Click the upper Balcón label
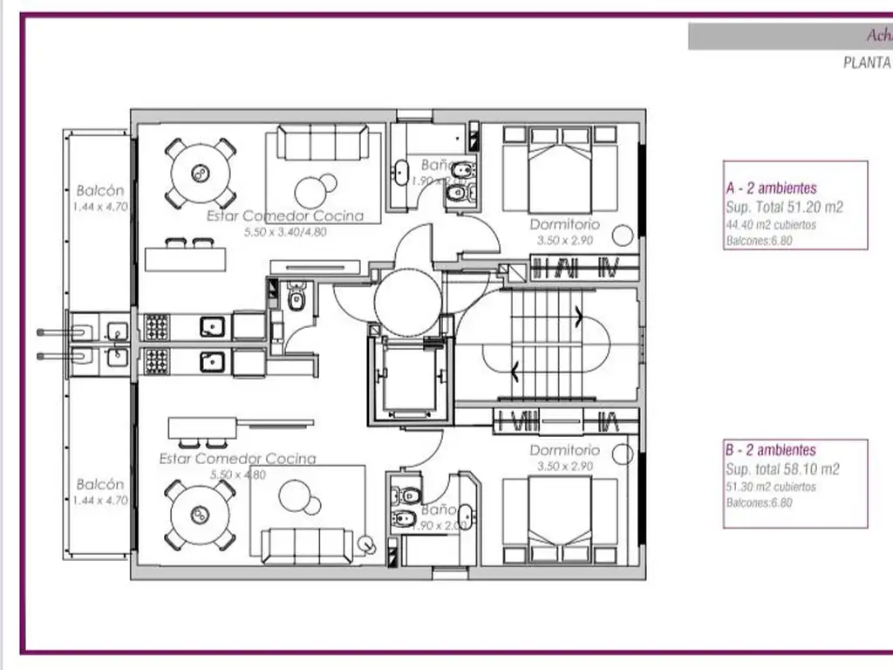coord(99,190)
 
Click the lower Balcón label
coord(99,484)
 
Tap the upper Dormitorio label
coord(564,225)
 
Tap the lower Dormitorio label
coord(564,450)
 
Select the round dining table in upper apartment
coord(201,174)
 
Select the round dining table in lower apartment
coord(201,515)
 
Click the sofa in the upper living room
coord(324,142)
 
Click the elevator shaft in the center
coord(410,379)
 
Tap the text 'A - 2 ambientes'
coord(771,188)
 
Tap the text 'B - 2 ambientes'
coord(771,450)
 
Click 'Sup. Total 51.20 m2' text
coord(784,208)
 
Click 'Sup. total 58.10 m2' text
coord(782,469)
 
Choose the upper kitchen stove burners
coord(156,327)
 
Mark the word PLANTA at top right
coord(866,63)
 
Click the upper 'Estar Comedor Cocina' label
coord(285,216)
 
